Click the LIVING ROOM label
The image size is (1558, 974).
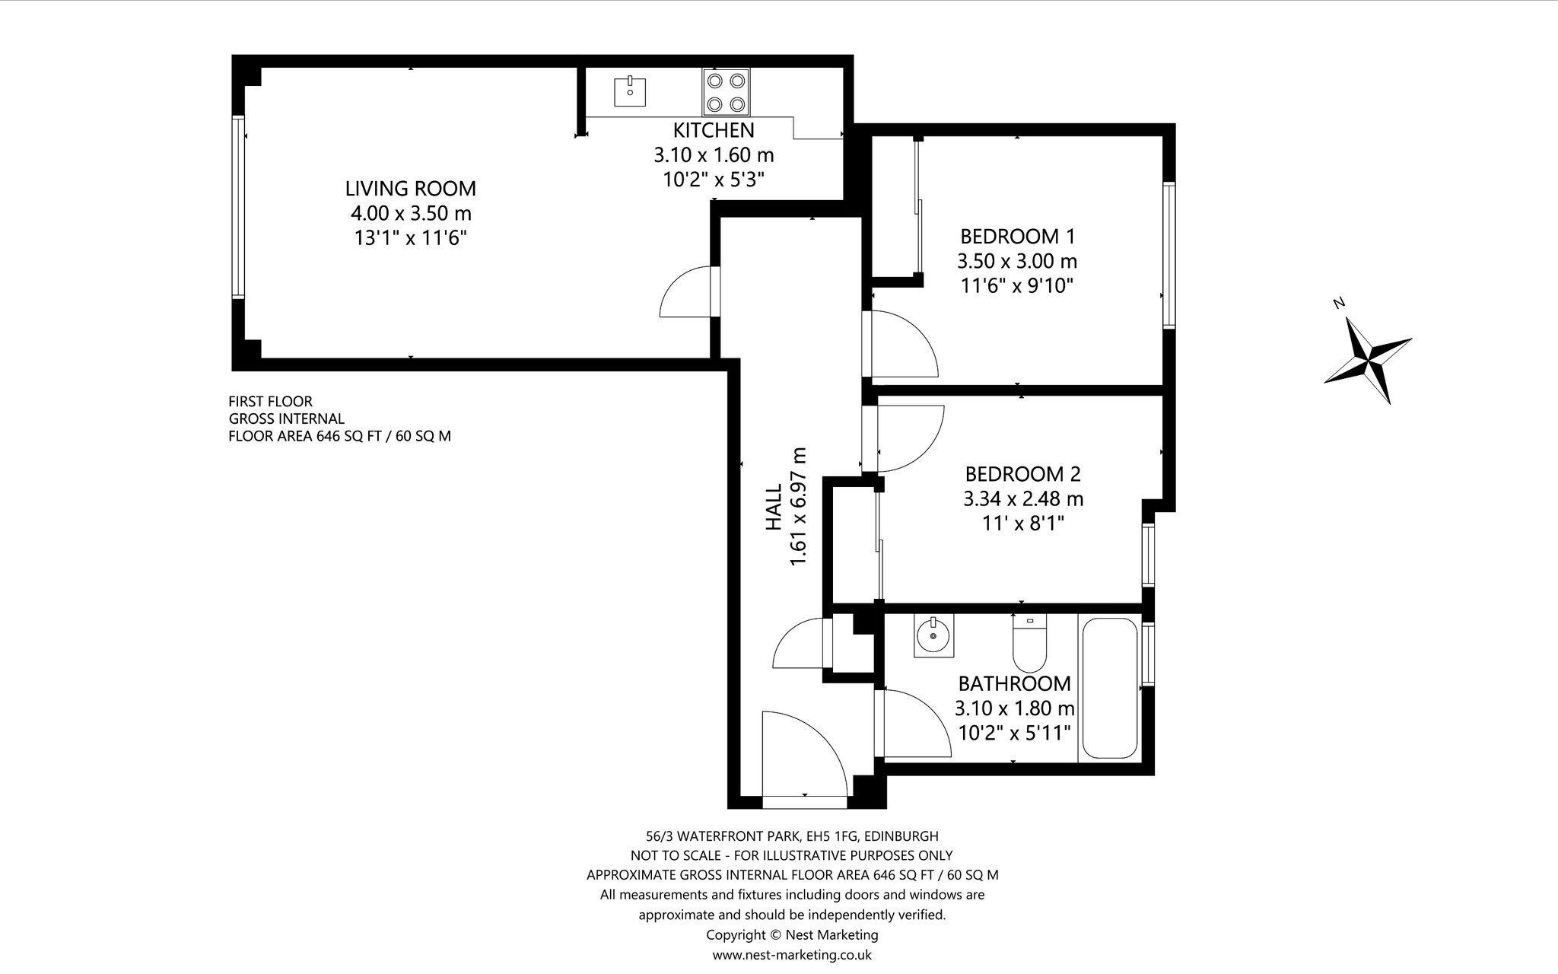click(x=411, y=188)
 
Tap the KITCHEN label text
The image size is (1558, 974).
click(x=714, y=130)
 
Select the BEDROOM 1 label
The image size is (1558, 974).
click(x=1017, y=236)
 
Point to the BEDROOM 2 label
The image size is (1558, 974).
click(x=1023, y=474)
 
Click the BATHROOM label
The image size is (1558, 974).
click(x=1015, y=683)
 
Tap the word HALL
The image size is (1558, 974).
click(x=774, y=508)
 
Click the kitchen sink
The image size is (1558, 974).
click(x=630, y=91)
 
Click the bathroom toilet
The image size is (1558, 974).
click(x=1030, y=644)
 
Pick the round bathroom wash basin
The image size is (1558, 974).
click(x=933, y=635)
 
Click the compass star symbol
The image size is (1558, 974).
click(x=1367, y=360)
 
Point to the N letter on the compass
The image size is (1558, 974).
click(x=1340, y=303)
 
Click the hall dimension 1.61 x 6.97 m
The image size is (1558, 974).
click(x=798, y=508)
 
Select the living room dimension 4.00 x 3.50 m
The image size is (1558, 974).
click(x=411, y=213)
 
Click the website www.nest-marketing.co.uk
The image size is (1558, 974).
click(x=792, y=954)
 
